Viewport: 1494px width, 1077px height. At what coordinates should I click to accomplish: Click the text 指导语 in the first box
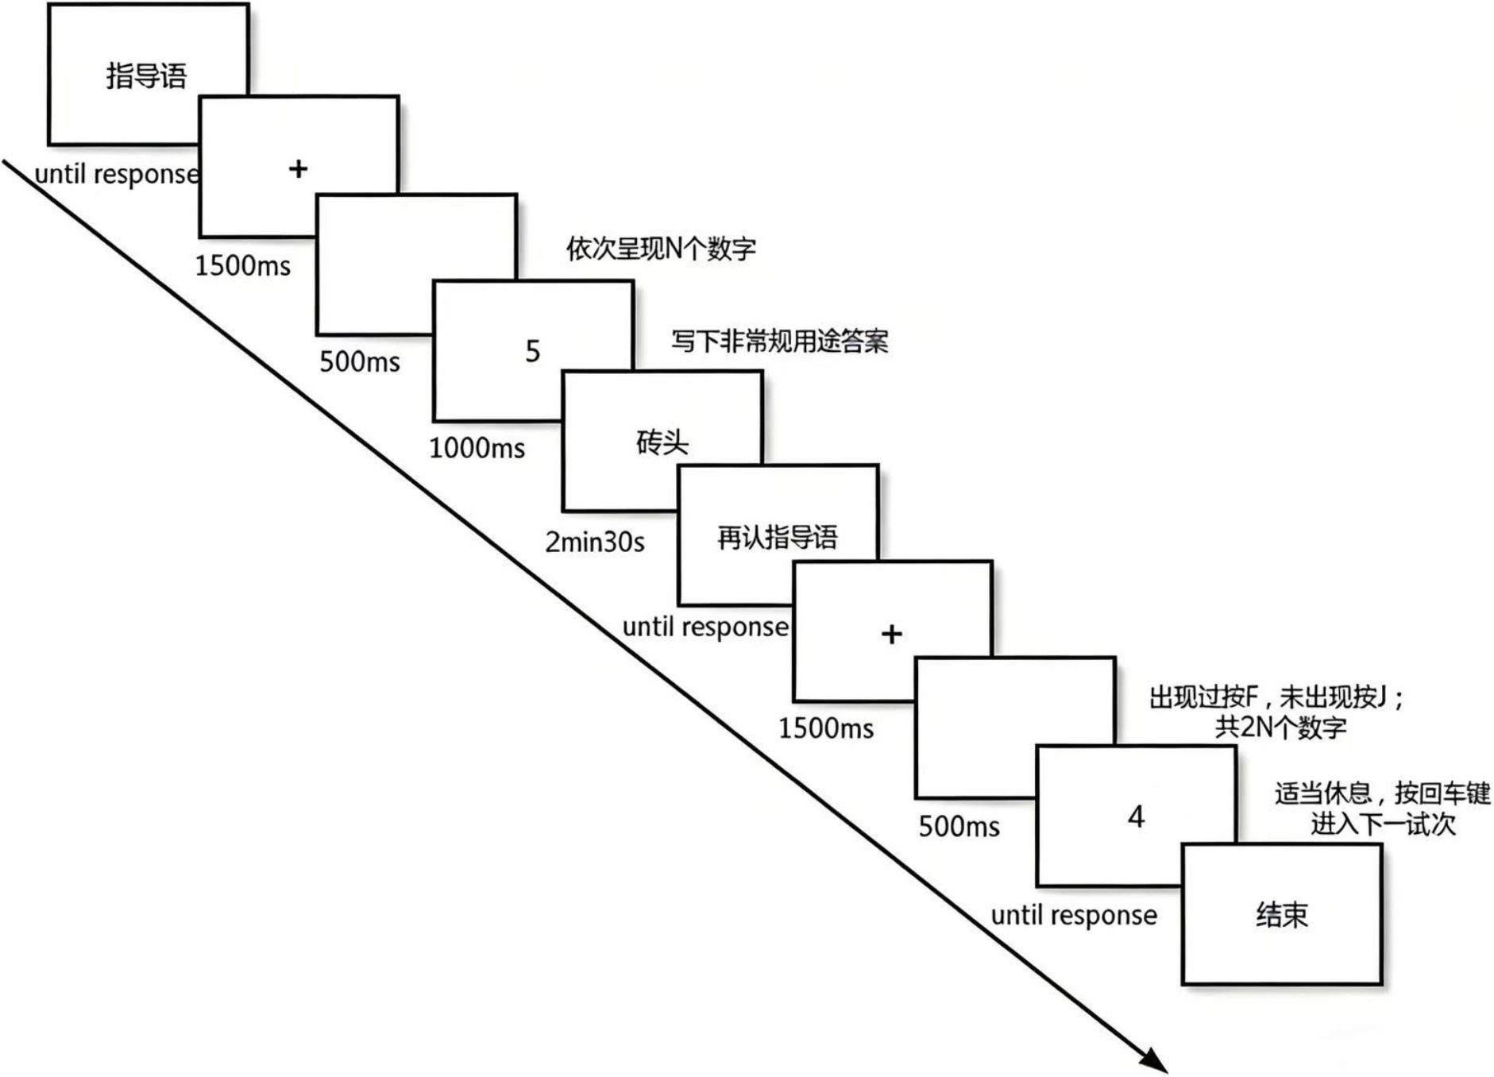147,76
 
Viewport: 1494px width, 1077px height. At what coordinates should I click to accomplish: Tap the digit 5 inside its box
532,351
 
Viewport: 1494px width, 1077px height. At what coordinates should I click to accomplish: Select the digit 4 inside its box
1136,816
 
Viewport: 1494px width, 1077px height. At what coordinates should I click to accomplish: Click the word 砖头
662,442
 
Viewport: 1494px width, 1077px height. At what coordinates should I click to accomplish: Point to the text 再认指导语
777,538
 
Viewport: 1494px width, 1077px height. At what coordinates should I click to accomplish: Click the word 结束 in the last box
1281,915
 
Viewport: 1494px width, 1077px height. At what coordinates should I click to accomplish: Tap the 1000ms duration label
477,449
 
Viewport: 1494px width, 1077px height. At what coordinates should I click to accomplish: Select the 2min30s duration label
594,542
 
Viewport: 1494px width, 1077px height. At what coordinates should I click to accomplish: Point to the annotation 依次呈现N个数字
660,249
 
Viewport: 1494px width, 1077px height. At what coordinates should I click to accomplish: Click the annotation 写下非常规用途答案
779,342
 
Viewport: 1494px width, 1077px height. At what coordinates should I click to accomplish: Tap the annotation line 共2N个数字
1280,727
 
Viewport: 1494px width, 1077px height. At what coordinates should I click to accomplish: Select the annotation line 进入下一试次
1382,824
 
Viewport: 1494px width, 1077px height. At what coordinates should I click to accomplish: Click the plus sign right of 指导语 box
298,168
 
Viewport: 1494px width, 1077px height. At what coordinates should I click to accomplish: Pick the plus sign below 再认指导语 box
891,634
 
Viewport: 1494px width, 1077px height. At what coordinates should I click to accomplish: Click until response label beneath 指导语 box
117,174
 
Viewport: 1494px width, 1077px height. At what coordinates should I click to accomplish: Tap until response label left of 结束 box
1073,916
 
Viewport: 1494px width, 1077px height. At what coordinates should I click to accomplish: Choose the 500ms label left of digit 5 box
359,362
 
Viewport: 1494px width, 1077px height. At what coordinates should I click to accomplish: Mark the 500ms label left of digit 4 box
959,827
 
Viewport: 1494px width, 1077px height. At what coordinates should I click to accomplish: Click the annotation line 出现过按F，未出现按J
1276,697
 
